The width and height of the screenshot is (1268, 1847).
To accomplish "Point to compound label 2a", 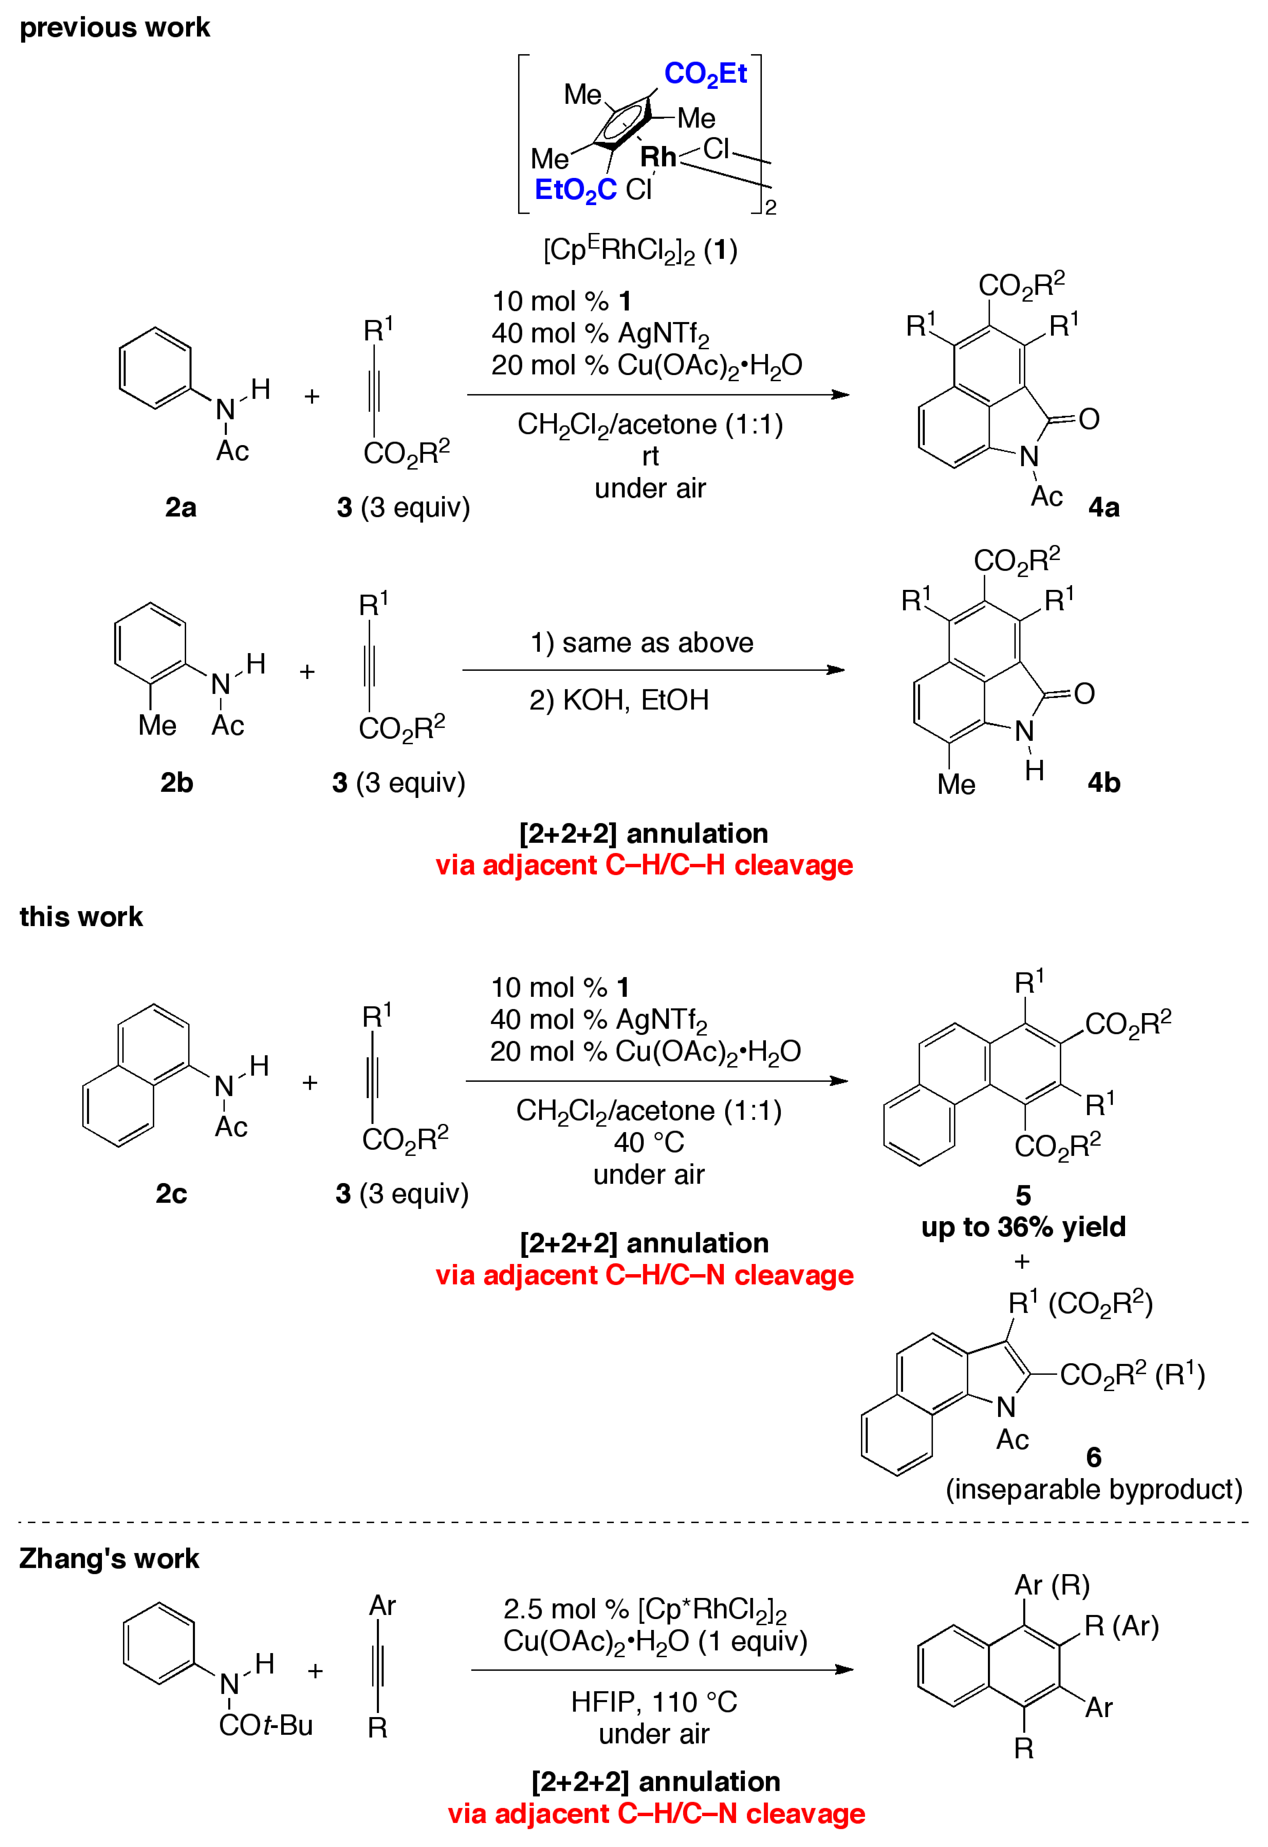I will (x=180, y=507).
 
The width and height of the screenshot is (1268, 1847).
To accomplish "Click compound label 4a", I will (x=1104, y=507).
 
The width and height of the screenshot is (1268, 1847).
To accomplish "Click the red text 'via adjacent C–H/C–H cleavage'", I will (x=644, y=865).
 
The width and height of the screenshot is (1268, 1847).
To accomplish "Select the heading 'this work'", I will (x=81, y=916).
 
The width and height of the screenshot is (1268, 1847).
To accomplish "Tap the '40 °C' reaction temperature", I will (x=648, y=1142).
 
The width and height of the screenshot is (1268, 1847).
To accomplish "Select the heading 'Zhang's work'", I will (x=109, y=1558).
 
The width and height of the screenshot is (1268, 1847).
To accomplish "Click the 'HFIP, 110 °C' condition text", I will (x=654, y=1701).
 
